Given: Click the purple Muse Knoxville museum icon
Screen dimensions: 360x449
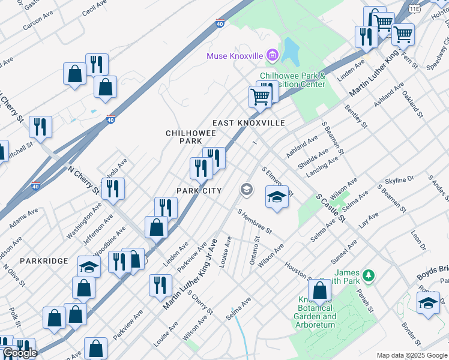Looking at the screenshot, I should pyautogui.click(x=272, y=56).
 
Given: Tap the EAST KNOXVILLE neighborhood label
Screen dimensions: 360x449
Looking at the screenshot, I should pyautogui.click(x=249, y=123).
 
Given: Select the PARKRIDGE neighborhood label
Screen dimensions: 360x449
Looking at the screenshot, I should pyautogui.click(x=44, y=261).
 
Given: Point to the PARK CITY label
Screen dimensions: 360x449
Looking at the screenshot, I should pyautogui.click(x=199, y=191).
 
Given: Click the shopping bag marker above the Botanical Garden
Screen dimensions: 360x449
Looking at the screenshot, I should pyautogui.click(x=321, y=291).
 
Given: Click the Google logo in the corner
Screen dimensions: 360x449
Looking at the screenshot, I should pyautogui.click(x=20, y=353).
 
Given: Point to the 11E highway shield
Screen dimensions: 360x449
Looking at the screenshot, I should pyautogui.click(x=414, y=8).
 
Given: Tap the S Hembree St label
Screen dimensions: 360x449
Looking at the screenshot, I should pyautogui.click(x=255, y=221).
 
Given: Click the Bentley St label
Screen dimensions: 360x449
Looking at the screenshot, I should pyautogui.click(x=356, y=117).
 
